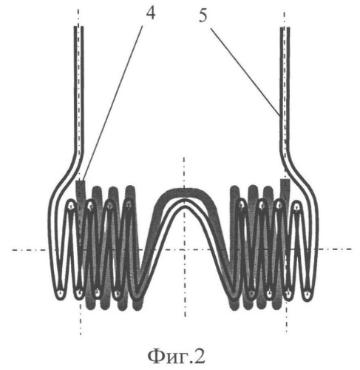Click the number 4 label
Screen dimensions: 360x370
pos(151,13)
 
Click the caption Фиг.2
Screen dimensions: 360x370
pos(177,356)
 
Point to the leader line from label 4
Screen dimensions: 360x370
pos(112,103)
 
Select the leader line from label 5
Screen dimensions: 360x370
pos(245,72)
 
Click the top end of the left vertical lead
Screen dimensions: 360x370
pos(79,27)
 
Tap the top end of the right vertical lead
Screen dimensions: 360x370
pos(285,28)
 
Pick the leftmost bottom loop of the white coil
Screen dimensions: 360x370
pos(60,293)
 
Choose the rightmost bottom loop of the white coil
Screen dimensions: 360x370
pos(307,294)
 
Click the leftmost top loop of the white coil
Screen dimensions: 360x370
pos(71,204)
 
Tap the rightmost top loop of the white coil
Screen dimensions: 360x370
pos(296,206)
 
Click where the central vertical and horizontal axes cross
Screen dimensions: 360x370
pos(184,249)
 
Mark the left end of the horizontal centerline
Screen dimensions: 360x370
pos(13,250)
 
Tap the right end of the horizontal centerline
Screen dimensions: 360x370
pos(351,249)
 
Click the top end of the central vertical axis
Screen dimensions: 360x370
pos(184,157)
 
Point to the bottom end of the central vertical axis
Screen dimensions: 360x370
pos(185,317)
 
